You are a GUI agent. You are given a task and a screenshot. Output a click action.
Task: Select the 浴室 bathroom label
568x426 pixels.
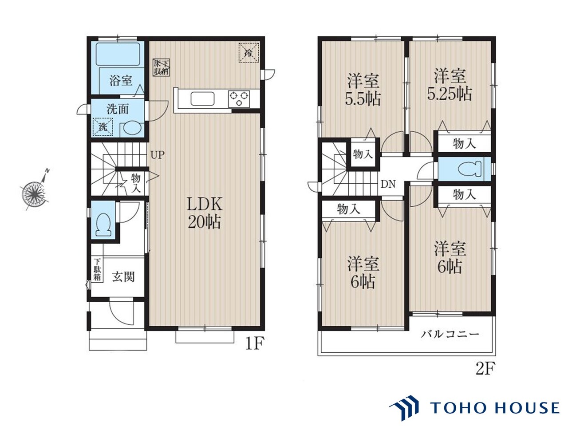[121, 80]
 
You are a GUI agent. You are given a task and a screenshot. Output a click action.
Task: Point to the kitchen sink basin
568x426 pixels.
[202, 99]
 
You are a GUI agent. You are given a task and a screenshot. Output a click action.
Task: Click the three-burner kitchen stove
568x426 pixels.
[239, 99]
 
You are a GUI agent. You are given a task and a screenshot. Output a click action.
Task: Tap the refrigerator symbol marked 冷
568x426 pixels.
[248, 52]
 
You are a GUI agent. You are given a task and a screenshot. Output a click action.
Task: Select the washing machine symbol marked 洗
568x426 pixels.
[103, 127]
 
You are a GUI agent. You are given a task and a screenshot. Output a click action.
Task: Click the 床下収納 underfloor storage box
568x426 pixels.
[161, 67]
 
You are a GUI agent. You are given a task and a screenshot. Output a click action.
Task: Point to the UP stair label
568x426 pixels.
[158, 155]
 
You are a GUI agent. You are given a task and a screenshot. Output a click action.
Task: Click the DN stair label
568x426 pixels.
[388, 184]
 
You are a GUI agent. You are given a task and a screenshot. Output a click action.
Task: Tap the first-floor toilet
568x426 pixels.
[103, 224]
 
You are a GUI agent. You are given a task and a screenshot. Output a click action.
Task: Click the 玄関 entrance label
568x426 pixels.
[123, 277]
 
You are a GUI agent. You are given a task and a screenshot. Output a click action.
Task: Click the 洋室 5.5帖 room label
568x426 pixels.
[363, 90]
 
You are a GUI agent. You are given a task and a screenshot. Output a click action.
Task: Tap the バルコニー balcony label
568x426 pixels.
[450, 334]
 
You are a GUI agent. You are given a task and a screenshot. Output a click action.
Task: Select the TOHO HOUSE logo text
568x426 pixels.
[494, 408]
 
